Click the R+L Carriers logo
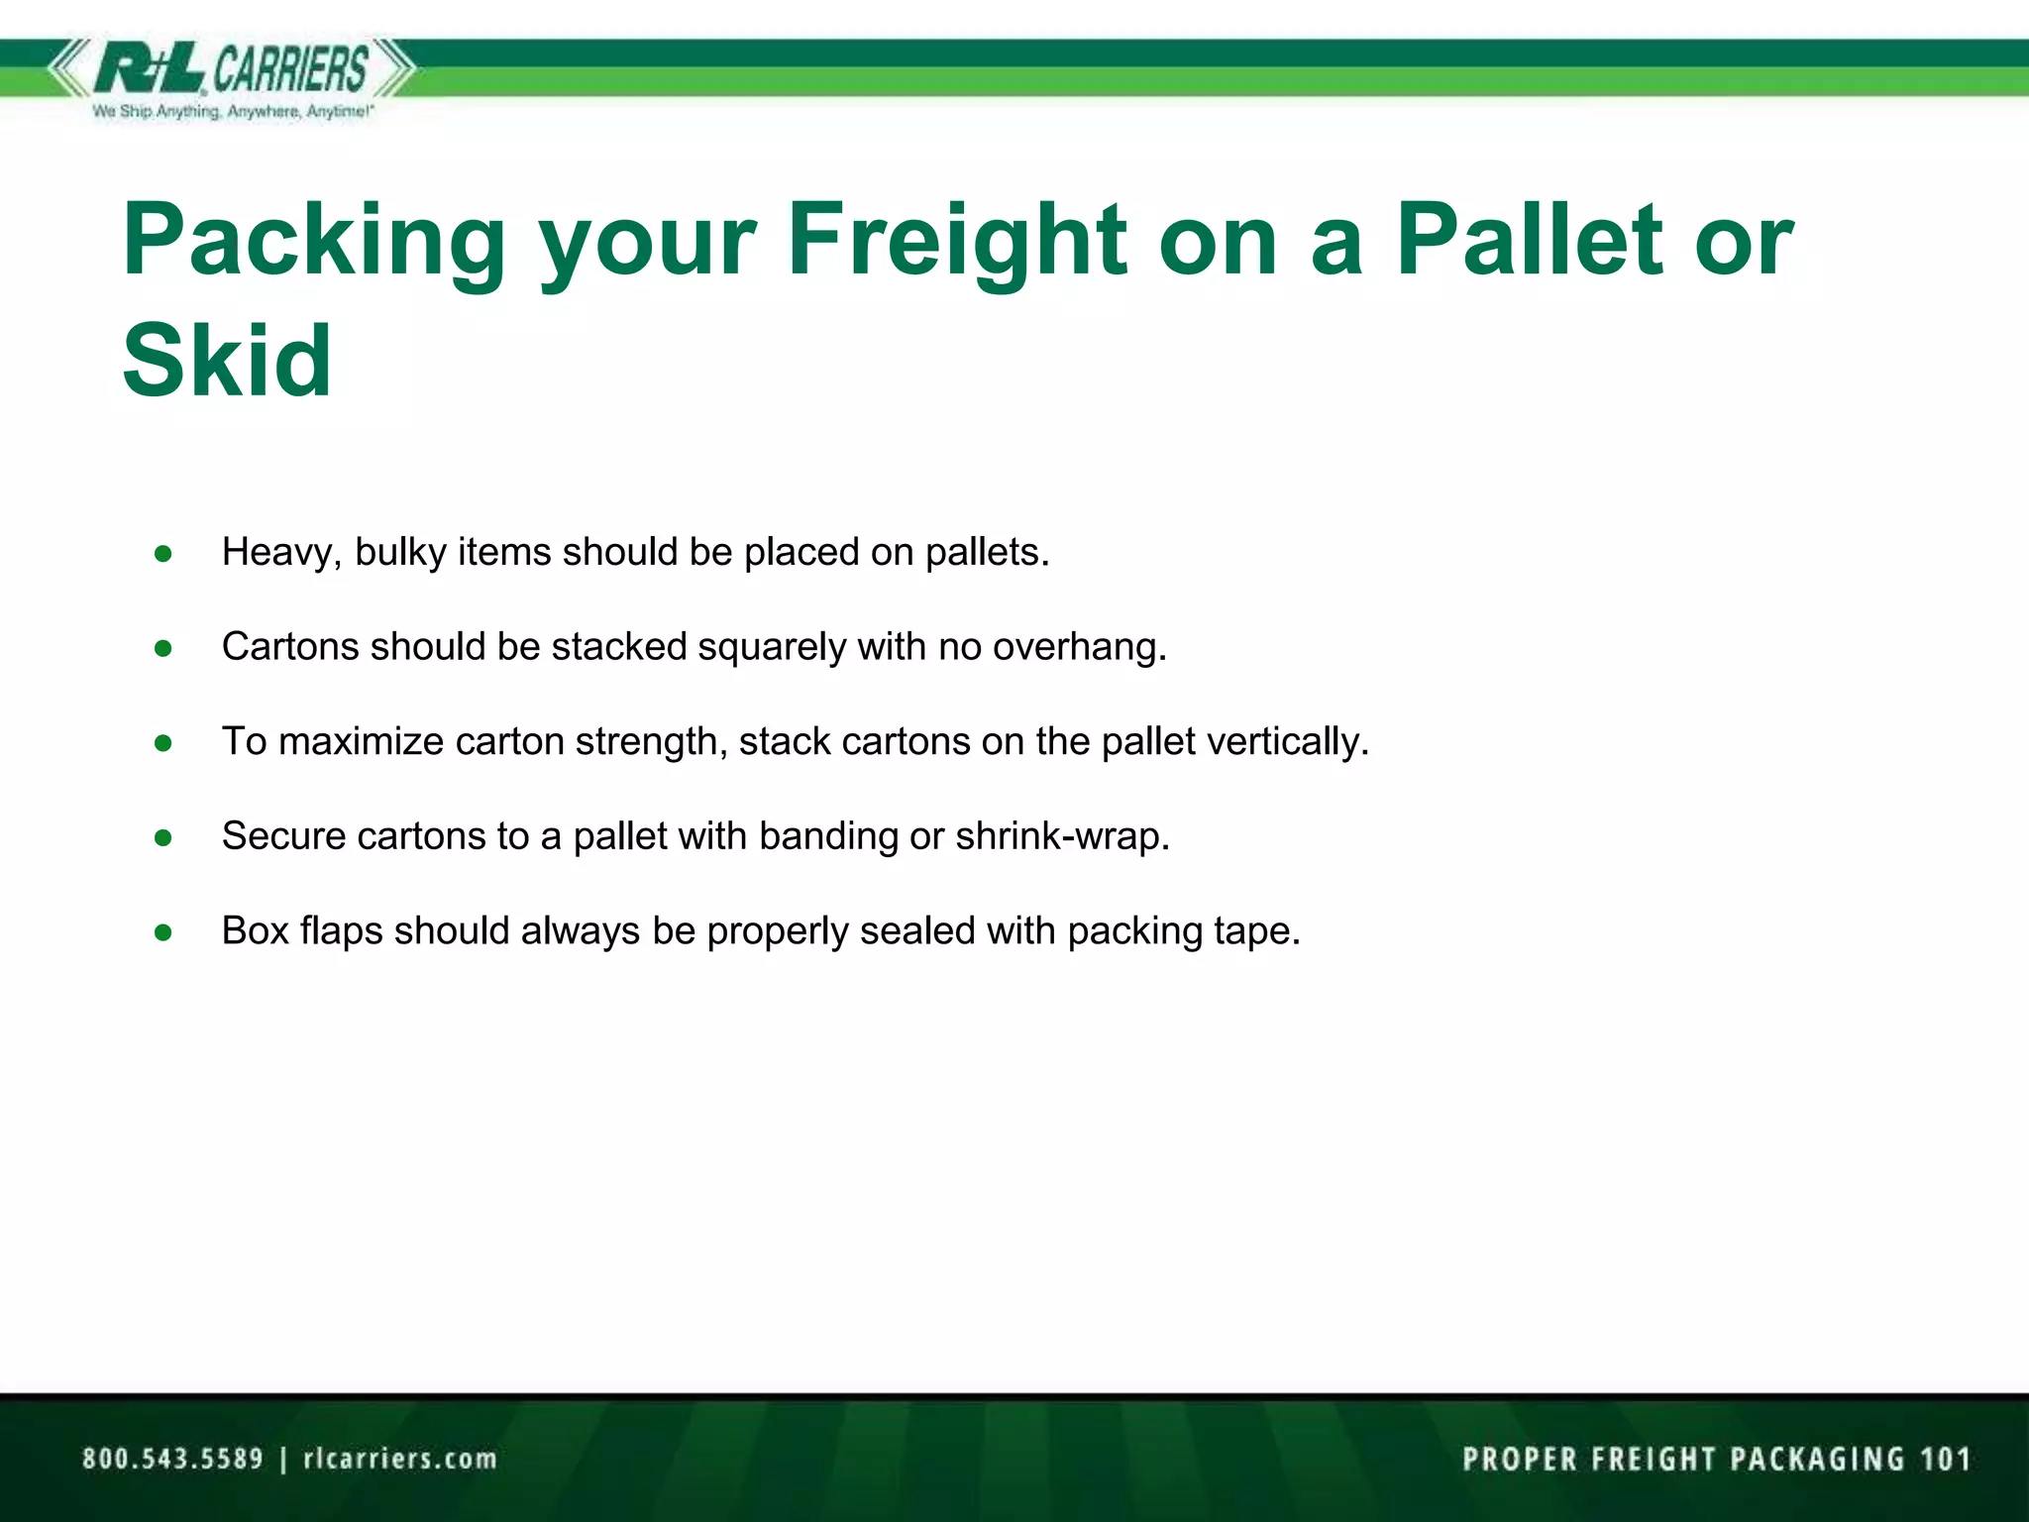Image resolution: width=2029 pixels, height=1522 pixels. (232, 69)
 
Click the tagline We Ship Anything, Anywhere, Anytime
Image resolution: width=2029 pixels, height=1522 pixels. (233, 112)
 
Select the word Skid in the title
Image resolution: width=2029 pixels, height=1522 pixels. (227, 361)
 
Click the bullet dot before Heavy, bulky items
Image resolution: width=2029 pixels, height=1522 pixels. (163, 553)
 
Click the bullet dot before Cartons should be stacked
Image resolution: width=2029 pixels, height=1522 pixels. (163, 648)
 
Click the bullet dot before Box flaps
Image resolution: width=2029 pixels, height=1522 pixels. (163, 932)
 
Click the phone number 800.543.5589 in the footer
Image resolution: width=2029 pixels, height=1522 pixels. (172, 1459)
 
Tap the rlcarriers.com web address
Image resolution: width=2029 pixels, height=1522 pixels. (399, 1459)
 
